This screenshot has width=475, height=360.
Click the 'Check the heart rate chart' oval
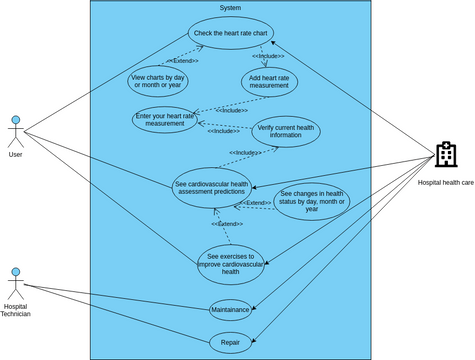click(231, 33)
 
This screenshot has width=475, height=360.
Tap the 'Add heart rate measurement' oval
click(269, 82)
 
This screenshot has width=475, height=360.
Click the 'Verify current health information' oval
click(286, 131)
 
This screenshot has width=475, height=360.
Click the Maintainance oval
click(231, 310)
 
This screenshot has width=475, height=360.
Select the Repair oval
click(231, 343)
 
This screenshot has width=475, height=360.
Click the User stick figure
click(15, 131)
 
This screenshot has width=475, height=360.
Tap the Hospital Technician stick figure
click(15, 285)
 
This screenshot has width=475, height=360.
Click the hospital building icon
click(446, 155)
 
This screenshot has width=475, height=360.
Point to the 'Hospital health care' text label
click(446, 182)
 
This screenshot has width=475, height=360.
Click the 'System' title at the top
click(230, 7)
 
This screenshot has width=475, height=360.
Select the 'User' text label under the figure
click(15, 154)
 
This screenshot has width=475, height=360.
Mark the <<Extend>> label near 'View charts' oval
click(183, 61)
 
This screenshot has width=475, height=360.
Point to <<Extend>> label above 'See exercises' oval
click(227, 224)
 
